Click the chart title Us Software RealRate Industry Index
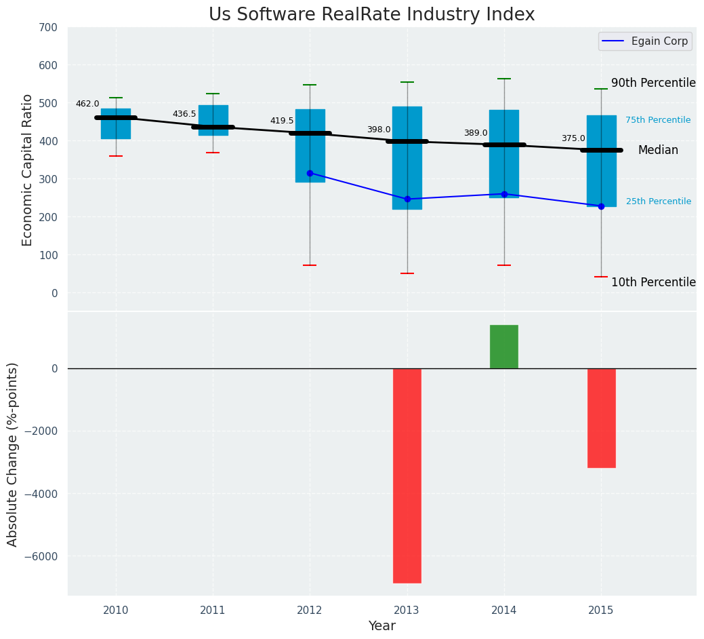pyautogui.click(x=371, y=15)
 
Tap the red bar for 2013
pyautogui.click(x=407, y=475)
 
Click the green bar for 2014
pyautogui.click(x=504, y=347)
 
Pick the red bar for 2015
pyautogui.click(x=601, y=418)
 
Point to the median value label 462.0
pyautogui.click(x=87, y=104)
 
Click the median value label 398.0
pyautogui.click(x=379, y=130)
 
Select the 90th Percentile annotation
pyautogui.click(x=653, y=83)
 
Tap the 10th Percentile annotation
pyautogui.click(x=653, y=282)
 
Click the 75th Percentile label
pyautogui.click(x=658, y=120)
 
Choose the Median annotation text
pyautogui.click(x=658, y=151)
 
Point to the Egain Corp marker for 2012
pyautogui.click(x=310, y=173)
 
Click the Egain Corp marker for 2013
pyautogui.click(x=407, y=199)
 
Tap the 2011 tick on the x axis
pyautogui.click(x=213, y=611)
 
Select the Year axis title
pyautogui.click(x=382, y=626)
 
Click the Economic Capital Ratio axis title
pyautogui.click(x=28, y=170)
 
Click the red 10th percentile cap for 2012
pyautogui.click(x=310, y=265)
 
